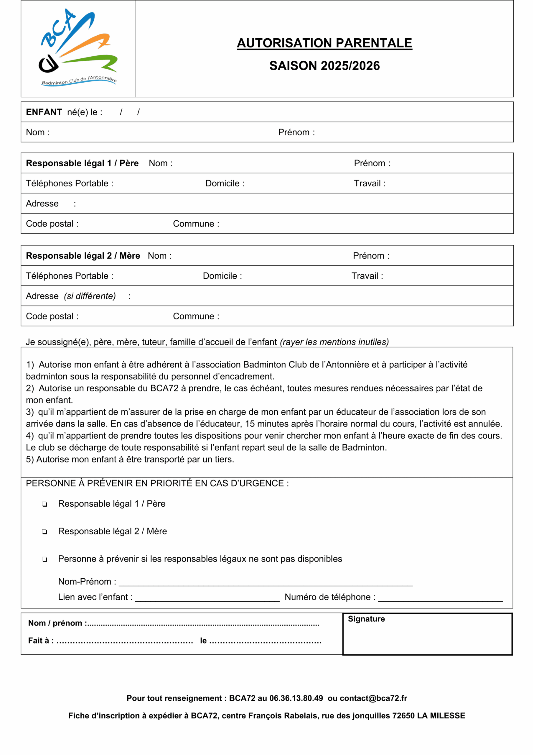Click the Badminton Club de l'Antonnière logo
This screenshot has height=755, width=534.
78,48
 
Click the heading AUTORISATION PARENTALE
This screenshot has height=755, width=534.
324,43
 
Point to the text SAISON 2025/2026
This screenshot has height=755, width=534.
324,66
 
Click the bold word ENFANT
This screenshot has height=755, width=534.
44,112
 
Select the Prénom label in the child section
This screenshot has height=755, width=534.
296,132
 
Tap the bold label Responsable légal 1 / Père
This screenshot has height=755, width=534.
82,163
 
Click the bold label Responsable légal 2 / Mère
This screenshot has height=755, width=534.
83,256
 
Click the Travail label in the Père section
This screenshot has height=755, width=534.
369,183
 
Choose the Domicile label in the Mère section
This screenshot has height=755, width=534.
222,276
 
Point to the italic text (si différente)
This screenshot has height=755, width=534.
90,296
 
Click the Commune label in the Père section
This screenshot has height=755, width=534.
196,224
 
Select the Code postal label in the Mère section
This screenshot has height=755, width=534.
52,316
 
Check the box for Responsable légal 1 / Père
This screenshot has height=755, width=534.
44,504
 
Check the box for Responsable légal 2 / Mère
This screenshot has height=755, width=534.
44,532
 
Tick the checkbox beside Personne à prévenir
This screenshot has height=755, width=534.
44,559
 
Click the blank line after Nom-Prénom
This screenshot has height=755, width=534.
265,582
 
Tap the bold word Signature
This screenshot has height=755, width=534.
366,619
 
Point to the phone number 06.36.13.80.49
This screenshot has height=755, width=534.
296,698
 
